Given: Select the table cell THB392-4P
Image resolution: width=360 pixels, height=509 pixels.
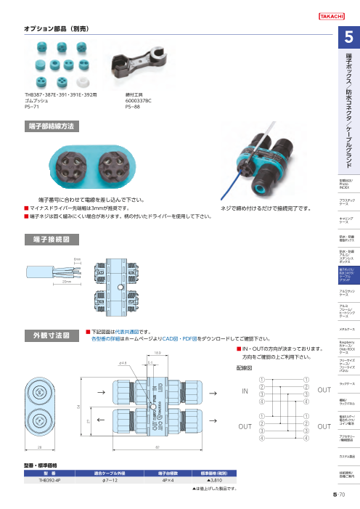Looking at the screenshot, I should pyautogui.click(x=50, y=479).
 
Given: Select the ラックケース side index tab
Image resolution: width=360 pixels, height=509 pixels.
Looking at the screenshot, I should pyautogui.click(x=347, y=382).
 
